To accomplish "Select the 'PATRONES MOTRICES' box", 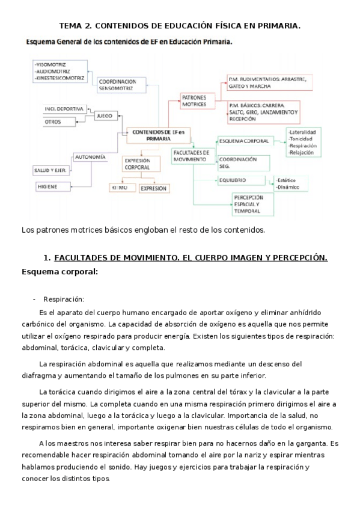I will (x=196, y=100).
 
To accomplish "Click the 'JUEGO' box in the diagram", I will (x=105, y=114).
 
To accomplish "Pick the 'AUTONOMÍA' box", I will (x=90, y=157).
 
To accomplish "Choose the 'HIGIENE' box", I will (x=49, y=187).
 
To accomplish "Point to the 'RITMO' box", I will (x=119, y=188).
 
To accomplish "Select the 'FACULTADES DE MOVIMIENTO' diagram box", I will (x=191, y=156).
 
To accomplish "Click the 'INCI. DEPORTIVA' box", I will (x=63, y=109).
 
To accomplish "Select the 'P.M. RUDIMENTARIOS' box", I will (x=267, y=82).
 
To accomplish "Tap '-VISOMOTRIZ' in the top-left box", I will (x=52, y=64).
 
